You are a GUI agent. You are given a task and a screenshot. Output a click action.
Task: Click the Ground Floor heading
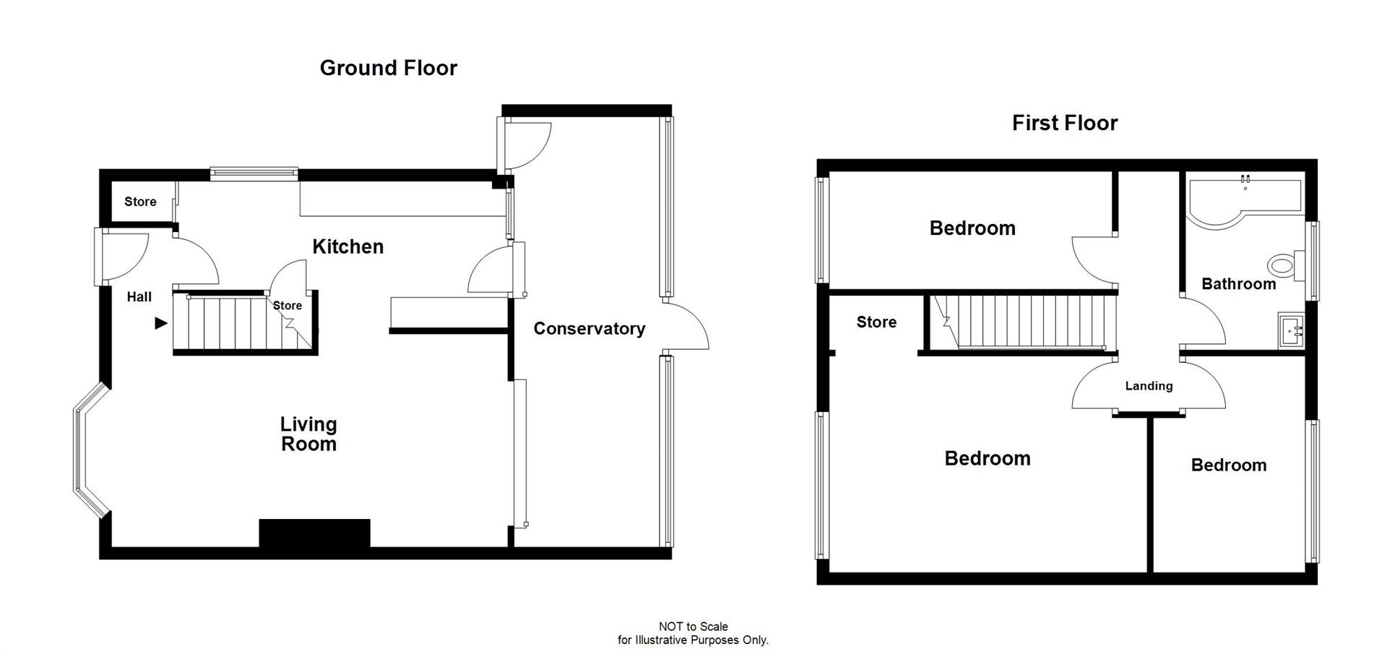pyautogui.click(x=388, y=68)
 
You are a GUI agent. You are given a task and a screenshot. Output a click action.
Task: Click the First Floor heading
pyautogui.click(x=1064, y=123)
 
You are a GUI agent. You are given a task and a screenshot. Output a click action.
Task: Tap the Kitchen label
pyautogui.click(x=347, y=246)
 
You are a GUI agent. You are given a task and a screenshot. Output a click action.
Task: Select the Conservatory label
pyautogui.click(x=589, y=329)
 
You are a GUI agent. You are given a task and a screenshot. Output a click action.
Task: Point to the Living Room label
pyautogui.click(x=308, y=434)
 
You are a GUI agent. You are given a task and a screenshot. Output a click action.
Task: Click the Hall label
pyautogui.click(x=139, y=296)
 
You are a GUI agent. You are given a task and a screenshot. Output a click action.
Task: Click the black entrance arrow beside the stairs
pyautogui.click(x=161, y=323)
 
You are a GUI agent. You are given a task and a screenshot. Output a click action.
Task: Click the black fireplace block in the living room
pyautogui.click(x=314, y=533)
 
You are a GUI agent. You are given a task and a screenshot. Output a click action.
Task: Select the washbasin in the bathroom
pyautogui.click(x=1290, y=332)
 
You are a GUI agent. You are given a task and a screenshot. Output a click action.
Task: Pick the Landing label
pyautogui.click(x=1149, y=386)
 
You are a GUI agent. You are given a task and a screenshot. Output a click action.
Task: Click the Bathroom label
pyautogui.click(x=1238, y=284)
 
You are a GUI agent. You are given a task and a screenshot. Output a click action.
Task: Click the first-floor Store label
pyautogui.click(x=876, y=322)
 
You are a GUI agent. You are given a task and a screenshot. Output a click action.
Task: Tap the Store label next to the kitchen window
pyautogui.click(x=140, y=202)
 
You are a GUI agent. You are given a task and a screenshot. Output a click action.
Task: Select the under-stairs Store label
pyautogui.click(x=288, y=306)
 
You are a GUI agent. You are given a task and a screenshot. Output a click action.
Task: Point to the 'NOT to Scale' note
pyautogui.click(x=693, y=627)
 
